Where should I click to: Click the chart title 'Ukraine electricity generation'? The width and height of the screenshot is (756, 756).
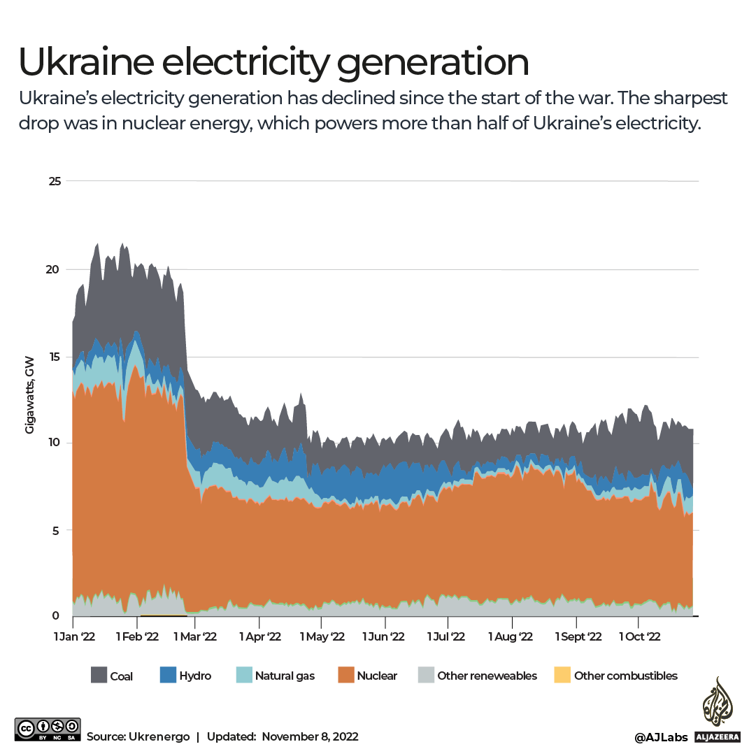click(x=273, y=63)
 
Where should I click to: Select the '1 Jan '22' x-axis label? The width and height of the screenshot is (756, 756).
click(x=75, y=636)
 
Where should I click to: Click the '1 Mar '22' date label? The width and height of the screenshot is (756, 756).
click(x=196, y=636)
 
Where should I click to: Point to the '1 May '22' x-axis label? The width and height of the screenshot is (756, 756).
click(x=322, y=636)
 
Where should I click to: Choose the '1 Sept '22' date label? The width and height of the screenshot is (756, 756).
click(x=578, y=636)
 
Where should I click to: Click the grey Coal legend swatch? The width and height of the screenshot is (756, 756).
click(x=99, y=676)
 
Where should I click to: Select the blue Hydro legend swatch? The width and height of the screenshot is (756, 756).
click(x=169, y=676)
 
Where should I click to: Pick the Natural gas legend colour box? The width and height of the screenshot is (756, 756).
click(x=244, y=676)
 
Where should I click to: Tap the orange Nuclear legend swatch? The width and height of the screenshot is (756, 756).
click(x=345, y=676)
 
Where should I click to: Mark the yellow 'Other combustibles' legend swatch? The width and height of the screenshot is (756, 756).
click(x=562, y=676)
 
